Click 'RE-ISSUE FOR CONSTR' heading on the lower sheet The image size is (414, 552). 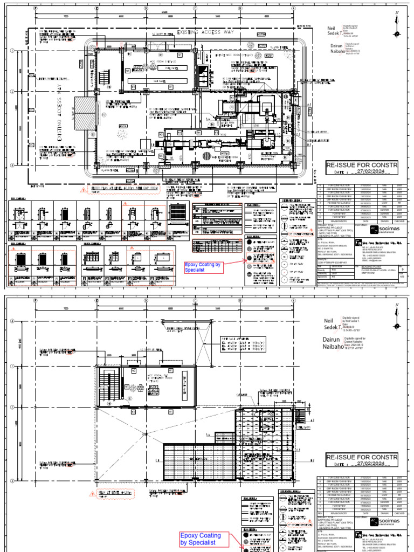tap(362, 458)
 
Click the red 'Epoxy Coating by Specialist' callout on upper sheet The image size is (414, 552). tap(203, 267)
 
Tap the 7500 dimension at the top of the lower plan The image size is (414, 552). tap(65, 309)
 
